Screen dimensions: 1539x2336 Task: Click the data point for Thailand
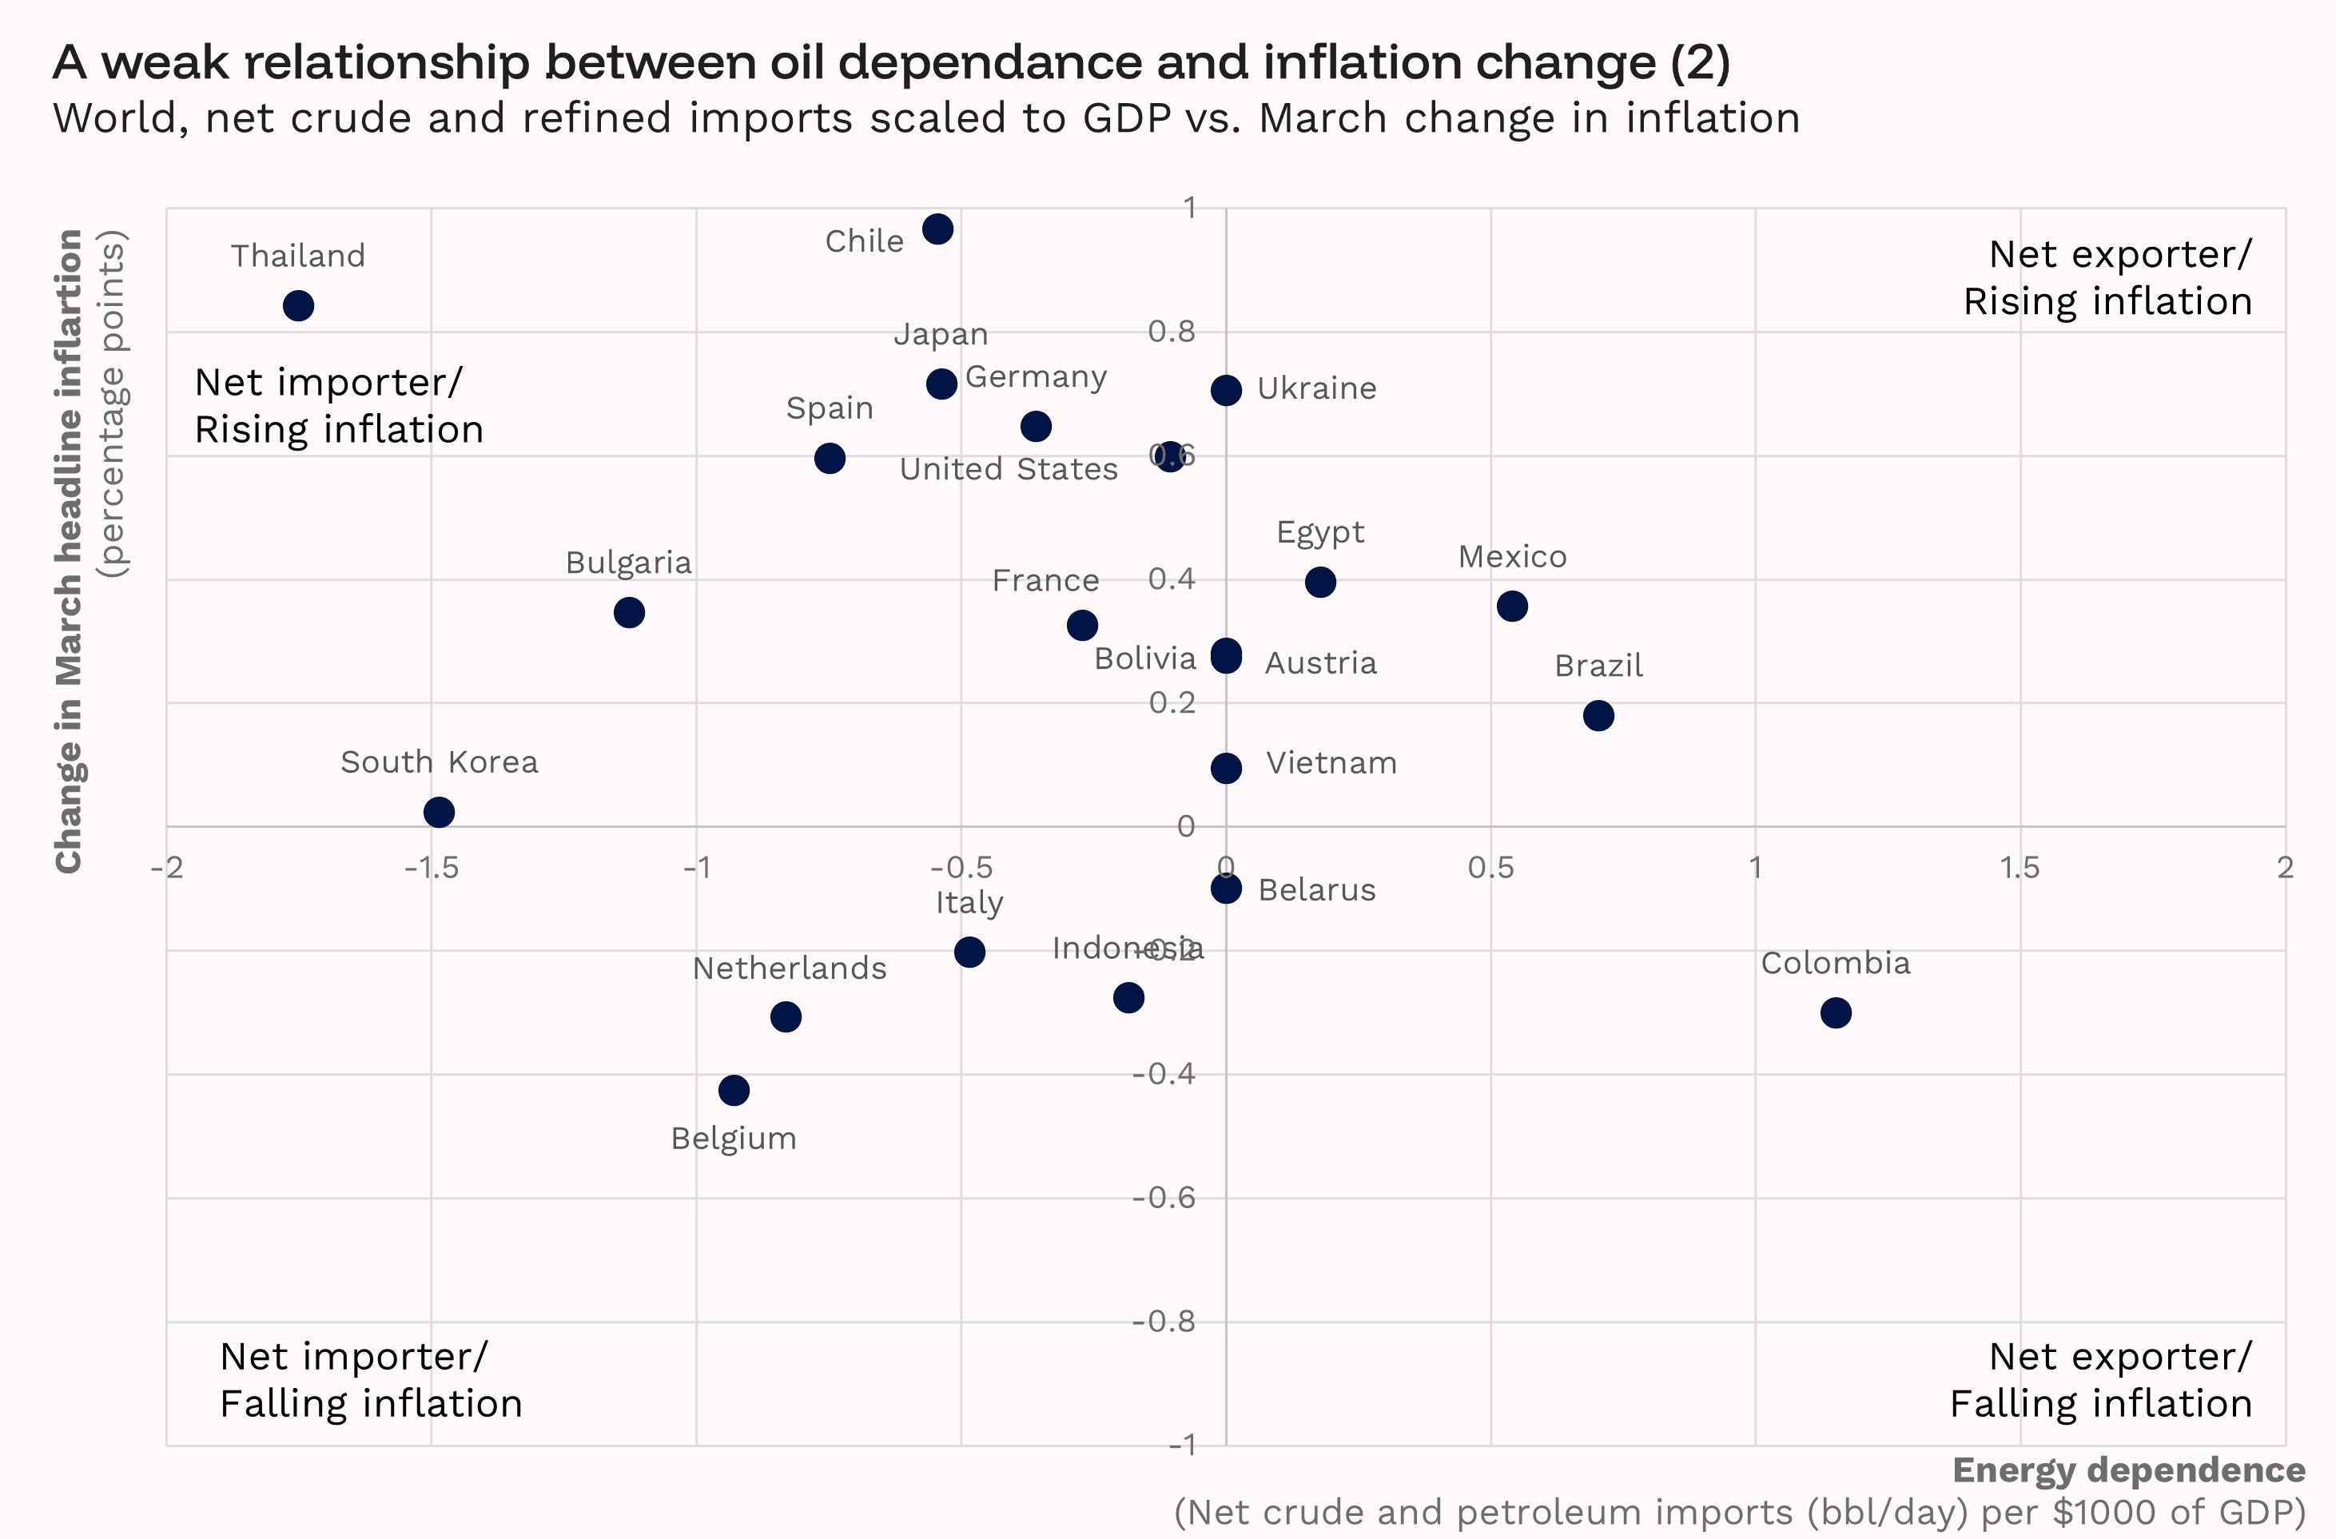click(x=298, y=306)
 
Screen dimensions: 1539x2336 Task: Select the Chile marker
click(x=937, y=229)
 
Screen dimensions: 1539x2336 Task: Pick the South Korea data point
click(x=439, y=813)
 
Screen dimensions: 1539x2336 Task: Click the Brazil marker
click(x=1598, y=715)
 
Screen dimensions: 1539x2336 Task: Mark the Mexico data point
click(x=1511, y=606)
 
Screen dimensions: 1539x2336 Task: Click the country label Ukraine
click(x=1316, y=388)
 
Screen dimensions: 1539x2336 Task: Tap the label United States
click(x=1008, y=469)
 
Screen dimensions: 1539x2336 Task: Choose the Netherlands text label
click(x=789, y=968)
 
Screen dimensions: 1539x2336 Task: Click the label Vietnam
click(x=1331, y=764)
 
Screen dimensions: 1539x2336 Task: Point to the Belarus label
click(x=1316, y=890)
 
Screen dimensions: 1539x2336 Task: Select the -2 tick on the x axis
click(x=167, y=868)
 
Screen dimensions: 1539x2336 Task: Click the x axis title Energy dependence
click(x=2128, y=1470)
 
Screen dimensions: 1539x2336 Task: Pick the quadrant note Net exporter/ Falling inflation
click(x=2100, y=1380)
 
